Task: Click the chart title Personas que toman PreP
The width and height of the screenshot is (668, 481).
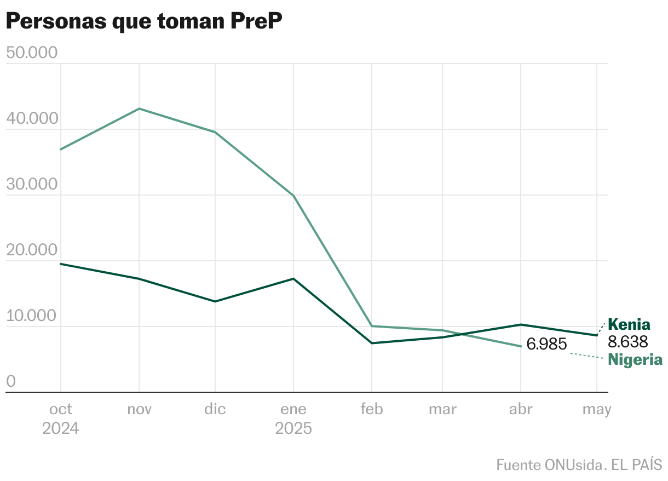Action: coord(143,22)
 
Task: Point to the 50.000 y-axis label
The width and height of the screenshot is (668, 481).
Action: coord(31,53)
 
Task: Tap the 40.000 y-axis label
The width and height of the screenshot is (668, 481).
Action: coord(31,119)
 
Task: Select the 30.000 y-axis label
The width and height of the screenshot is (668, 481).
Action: coord(31,185)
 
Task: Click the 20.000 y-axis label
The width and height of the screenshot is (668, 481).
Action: coord(31,250)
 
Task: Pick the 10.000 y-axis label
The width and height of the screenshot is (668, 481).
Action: coord(31,316)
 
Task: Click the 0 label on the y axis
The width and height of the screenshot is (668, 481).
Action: coord(11,382)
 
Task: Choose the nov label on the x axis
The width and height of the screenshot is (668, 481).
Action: coord(139,409)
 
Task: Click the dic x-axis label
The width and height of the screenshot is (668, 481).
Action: coord(215,409)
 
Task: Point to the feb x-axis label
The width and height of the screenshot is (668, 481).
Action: coord(372,409)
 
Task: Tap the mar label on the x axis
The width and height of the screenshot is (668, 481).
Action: coord(442,409)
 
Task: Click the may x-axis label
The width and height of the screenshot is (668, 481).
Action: coord(597,409)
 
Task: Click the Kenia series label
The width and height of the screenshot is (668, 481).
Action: coord(629,324)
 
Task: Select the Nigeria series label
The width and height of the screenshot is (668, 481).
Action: coord(635,360)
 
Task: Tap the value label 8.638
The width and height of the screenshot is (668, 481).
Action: coord(628,342)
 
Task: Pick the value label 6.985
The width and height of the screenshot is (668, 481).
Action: coord(546,345)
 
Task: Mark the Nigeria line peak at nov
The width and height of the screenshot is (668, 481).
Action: coord(139,108)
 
